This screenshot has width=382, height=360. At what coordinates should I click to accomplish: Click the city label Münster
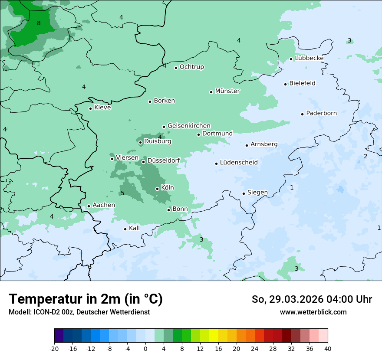point(227,91)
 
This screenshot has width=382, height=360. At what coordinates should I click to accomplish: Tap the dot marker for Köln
point(157,189)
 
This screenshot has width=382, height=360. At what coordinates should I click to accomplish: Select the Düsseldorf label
point(164,160)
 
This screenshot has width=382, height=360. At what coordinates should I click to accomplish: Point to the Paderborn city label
point(321,113)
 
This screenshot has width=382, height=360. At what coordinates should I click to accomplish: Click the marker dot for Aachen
point(89,206)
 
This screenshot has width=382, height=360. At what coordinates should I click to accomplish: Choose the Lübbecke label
point(309,58)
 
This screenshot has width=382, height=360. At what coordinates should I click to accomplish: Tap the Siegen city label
point(257,193)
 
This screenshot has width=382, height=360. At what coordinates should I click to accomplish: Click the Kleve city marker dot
point(90,108)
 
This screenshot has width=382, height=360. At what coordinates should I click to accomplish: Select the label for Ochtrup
point(192,67)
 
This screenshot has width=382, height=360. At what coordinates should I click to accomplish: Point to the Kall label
point(135,228)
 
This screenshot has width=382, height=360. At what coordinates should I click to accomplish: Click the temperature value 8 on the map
point(39,23)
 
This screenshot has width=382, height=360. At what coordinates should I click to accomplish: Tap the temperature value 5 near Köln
point(122,193)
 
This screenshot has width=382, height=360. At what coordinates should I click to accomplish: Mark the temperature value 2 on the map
point(366,156)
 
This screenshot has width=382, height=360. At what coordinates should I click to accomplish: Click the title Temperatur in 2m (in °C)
point(86,299)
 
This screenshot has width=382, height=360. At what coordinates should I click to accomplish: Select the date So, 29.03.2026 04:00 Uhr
point(312,299)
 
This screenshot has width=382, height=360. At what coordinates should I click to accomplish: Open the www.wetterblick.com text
point(313,312)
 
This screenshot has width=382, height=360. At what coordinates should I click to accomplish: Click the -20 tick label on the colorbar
point(54,348)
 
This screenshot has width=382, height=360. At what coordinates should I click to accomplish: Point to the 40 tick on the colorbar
point(328,348)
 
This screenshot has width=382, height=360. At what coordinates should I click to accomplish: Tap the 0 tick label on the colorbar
point(145,348)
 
